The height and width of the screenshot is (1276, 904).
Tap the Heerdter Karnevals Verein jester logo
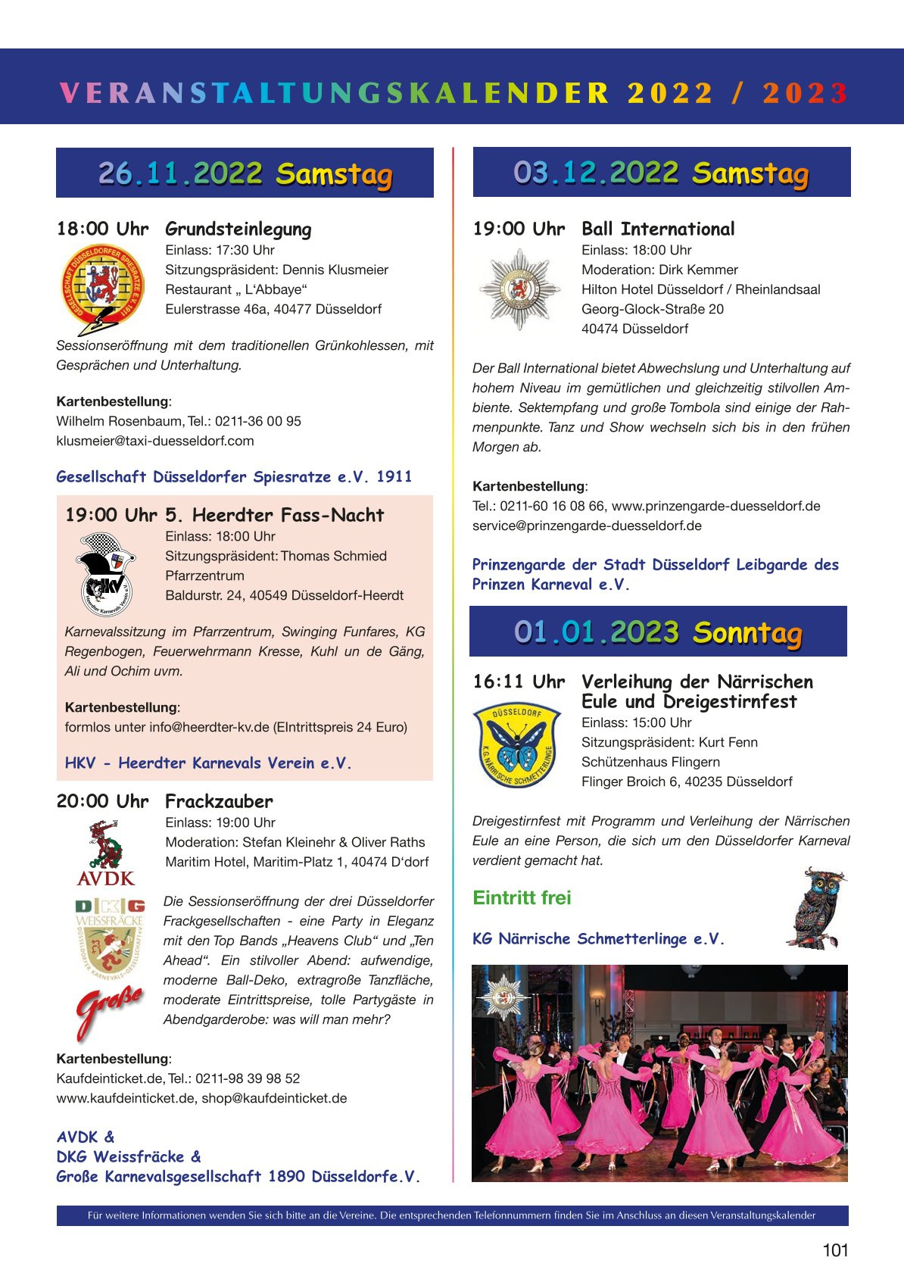coord(108,575)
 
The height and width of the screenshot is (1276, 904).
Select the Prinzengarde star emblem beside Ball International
coord(519,289)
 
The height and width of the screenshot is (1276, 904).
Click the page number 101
coord(835,1250)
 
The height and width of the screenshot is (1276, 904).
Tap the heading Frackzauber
coord(219,801)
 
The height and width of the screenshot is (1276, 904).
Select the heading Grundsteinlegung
coord(238,229)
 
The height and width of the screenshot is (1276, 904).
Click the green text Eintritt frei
coord(522,898)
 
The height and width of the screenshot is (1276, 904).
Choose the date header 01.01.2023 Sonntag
coord(658,632)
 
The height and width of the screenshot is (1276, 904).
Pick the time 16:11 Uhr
coord(519,682)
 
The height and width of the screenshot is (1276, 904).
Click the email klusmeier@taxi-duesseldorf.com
coord(155,441)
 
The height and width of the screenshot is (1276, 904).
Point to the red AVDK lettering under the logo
coord(106,878)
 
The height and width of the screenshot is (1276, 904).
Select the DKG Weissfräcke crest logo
coord(110,939)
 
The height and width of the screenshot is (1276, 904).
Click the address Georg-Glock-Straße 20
coord(653,309)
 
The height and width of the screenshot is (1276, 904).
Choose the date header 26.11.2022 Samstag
coord(245,173)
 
